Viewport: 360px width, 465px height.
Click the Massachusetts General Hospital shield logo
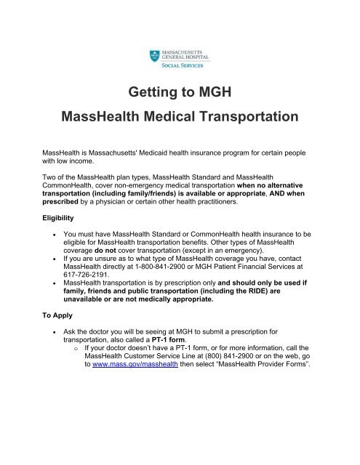coord(150,54)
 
